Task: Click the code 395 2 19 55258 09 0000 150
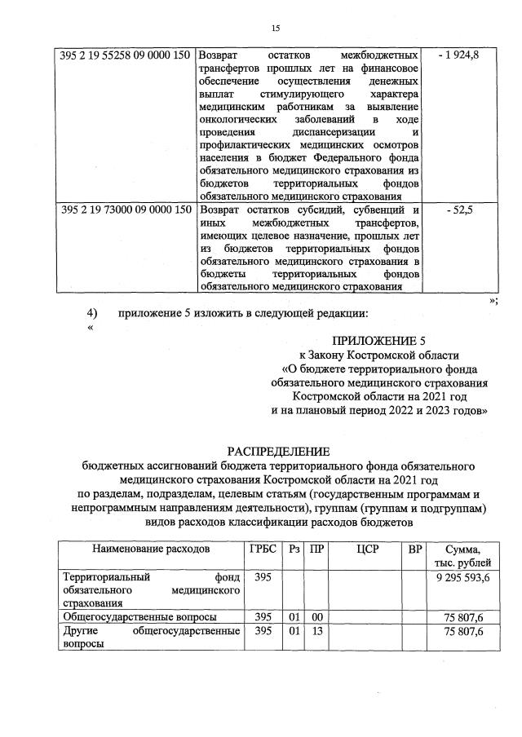[126, 55]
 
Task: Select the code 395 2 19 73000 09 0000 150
[126, 210]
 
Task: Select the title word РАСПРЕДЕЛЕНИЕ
[278, 451]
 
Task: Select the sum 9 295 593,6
[463, 577]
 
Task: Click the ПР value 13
[316, 631]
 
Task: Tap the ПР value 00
[316, 616]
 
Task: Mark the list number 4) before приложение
[92, 314]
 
